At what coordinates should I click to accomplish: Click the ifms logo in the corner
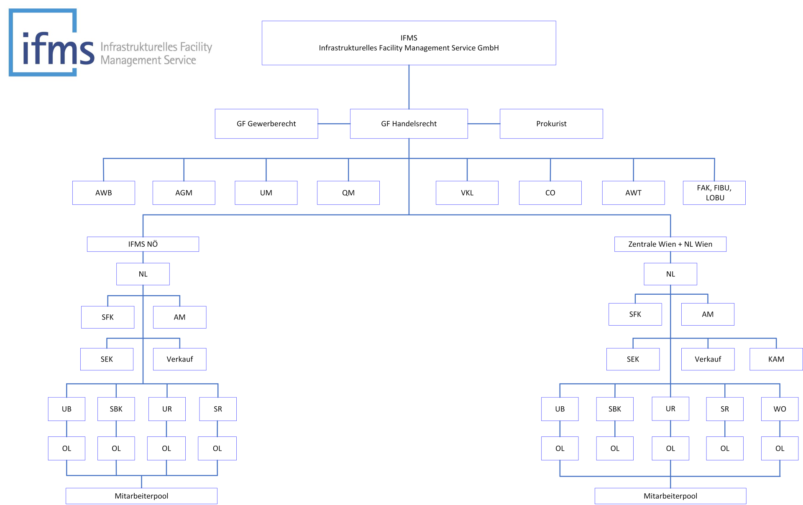110,43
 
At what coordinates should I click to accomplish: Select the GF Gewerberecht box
266,124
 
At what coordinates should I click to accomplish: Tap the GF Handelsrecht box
409,124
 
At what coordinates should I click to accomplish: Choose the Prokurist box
551,124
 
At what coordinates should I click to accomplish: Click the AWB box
104,193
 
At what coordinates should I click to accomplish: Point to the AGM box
184,193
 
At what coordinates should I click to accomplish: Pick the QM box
348,193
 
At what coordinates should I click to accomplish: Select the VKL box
467,193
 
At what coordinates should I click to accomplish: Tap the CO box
550,193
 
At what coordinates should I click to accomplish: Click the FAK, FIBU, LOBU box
714,193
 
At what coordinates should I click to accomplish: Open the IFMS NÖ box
143,244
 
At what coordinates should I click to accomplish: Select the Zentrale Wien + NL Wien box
670,244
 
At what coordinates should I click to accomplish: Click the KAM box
776,359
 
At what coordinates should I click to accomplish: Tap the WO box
780,409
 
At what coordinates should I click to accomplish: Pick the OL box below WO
780,448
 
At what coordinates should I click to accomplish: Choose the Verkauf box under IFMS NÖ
180,359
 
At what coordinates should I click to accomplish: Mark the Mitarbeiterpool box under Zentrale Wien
670,496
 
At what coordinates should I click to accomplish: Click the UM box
266,193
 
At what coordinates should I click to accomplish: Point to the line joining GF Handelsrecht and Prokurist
484,124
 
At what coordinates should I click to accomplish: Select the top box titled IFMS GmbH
409,43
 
